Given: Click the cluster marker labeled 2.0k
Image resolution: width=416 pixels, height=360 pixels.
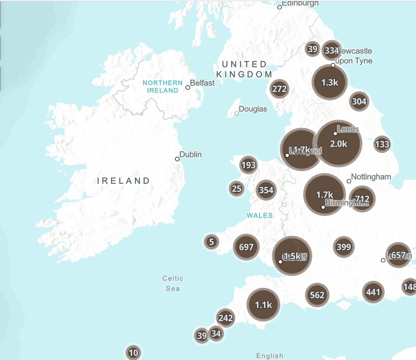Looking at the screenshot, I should tap(338, 144).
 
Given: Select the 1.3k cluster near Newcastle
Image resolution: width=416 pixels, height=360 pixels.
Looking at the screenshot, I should tap(330, 83).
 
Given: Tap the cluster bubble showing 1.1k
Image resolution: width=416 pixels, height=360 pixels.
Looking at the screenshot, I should tap(263, 304).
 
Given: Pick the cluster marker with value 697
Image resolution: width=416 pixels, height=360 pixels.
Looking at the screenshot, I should tap(246, 247).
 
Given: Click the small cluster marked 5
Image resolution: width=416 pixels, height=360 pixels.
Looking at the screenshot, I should tap(212, 241).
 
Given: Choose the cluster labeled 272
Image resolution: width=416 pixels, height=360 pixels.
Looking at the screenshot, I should tap(279, 89).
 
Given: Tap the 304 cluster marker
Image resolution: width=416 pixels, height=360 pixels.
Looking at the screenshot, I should tap(359, 101).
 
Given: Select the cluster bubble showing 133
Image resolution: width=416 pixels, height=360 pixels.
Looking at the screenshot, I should tap(382, 144).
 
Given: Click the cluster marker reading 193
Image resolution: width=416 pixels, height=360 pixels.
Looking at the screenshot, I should tap(249, 165).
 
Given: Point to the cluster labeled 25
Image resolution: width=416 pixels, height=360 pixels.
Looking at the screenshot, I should tap(237, 189).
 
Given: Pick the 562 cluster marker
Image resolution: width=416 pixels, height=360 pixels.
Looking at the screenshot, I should tap(317, 295).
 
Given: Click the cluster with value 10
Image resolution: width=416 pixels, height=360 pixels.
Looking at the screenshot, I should tap(134, 353).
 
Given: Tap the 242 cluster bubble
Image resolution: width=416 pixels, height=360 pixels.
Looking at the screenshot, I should tap(226, 317).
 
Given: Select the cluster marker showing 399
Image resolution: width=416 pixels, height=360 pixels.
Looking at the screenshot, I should tap(343, 247).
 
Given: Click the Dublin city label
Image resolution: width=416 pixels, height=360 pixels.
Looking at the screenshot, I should tap(190, 154).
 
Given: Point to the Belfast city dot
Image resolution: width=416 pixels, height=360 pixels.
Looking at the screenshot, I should tap(188, 87).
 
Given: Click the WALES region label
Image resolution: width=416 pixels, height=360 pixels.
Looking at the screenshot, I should tap(259, 215).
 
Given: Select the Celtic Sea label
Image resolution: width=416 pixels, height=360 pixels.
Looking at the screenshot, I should tap(173, 283).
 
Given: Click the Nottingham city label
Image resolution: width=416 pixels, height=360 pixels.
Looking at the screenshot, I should tap(371, 177).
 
